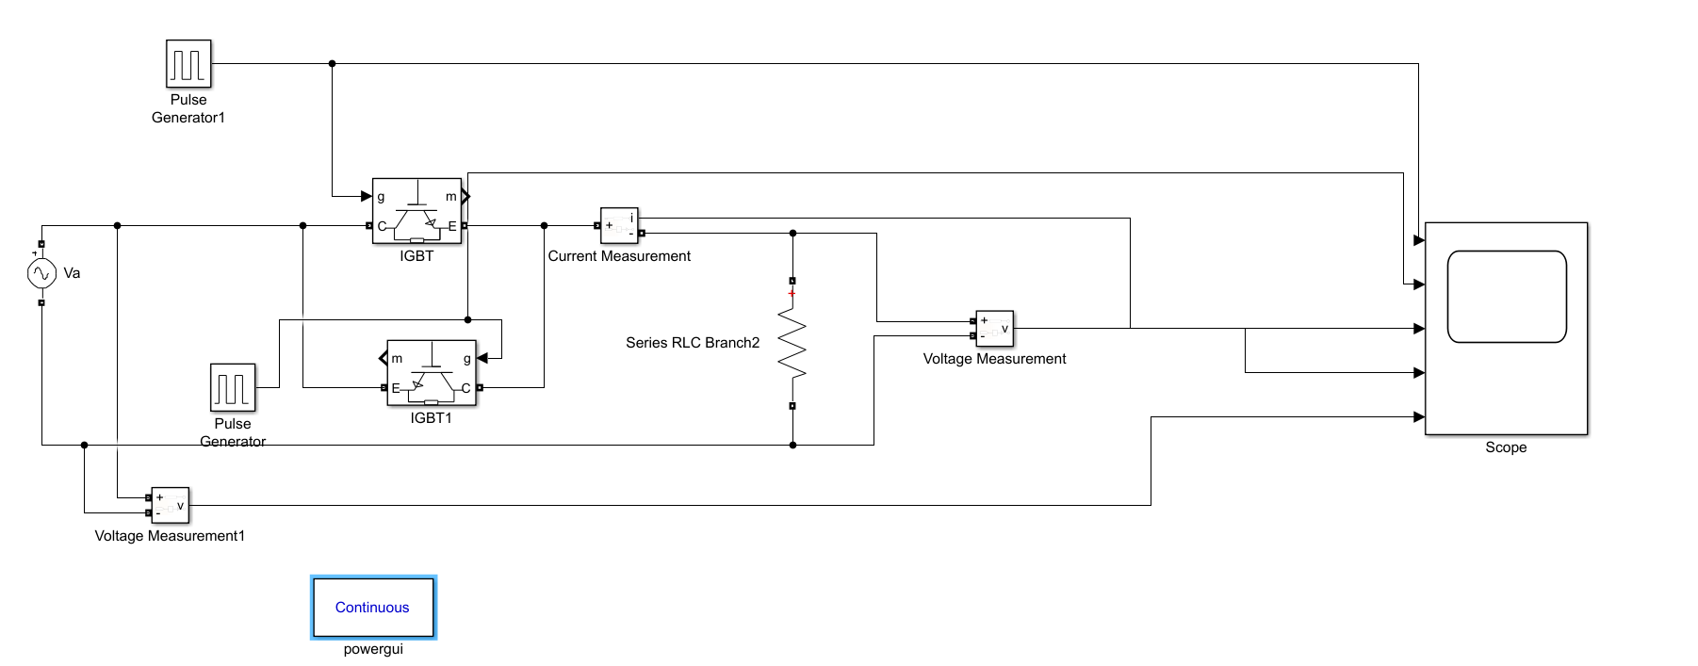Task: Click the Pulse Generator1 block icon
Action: click(x=188, y=64)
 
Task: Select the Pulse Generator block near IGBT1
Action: click(x=233, y=387)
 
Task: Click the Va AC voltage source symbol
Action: click(x=41, y=273)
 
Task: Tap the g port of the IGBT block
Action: click(x=381, y=197)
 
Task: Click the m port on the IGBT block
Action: click(x=451, y=197)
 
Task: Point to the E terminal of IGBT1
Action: click(x=396, y=387)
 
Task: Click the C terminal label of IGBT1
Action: click(x=465, y=387)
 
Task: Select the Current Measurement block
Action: click(x=619, y=225)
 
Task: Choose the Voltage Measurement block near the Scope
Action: click(x=994, y=329)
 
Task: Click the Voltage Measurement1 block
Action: click(x=170, y=505)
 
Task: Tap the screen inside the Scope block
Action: click(x=1506, y=297)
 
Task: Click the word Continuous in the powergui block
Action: click(x=372, y=608)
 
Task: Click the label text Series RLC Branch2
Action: click(x=693, y=343)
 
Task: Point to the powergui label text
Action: click(x=373, y=649)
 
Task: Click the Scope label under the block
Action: click(x=1506, y=447)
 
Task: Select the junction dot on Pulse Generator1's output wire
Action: click(x=332, y=64)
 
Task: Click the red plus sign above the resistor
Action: click(x=792, y=294)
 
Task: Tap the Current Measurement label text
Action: click(x=619, y=256)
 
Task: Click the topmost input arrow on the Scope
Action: click(x=1419, y=241)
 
